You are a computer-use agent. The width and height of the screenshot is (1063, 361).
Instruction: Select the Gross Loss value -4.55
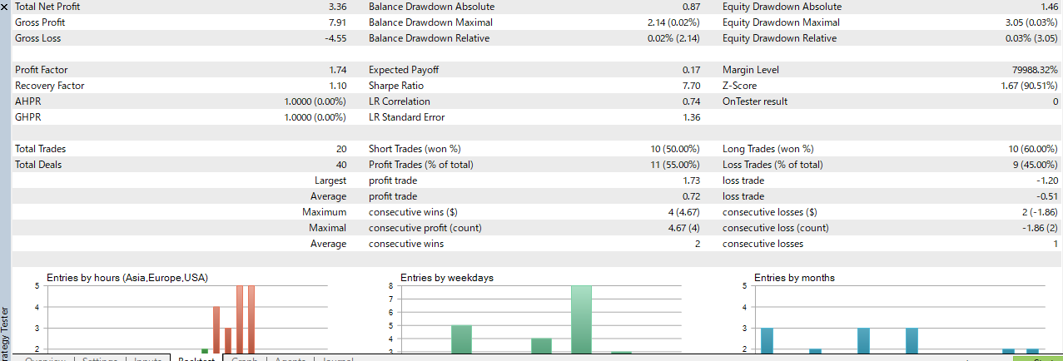click(x=335, y=38)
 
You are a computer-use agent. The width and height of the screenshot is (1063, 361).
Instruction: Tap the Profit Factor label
click(x=42, y=70)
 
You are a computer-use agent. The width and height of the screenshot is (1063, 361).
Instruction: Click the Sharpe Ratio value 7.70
click(x=691, y=86)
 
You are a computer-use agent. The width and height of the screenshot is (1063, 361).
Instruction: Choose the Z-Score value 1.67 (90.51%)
click(x=1029, y=86)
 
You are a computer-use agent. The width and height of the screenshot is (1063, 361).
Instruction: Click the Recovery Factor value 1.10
click(x=337, y=86)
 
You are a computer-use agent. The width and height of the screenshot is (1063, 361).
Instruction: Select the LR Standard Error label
click(x=406, y=117)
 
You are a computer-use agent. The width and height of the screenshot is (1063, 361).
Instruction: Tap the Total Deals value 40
click(x=340, y=165)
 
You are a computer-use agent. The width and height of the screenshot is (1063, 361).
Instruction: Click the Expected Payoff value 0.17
click(x=691, y=70)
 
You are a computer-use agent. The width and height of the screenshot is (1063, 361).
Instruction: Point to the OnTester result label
click(x=755, y=101)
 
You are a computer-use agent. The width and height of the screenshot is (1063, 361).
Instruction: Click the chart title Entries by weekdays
click(x=447, y=277)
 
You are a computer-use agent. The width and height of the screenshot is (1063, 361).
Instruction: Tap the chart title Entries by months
click(x=794, y=277)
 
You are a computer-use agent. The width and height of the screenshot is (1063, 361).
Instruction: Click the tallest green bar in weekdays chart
click(x=581, y=319)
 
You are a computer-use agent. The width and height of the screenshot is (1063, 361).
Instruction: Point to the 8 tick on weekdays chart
click(x=391, y=286)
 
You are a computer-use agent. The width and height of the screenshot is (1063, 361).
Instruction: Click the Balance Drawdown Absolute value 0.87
click(x=691, y=7)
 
